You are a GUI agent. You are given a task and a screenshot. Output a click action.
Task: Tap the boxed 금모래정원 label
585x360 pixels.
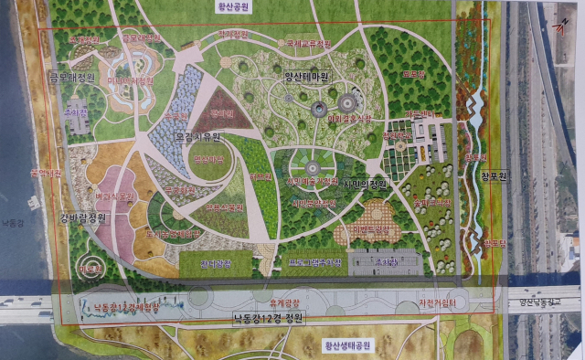click(x=73, y=79)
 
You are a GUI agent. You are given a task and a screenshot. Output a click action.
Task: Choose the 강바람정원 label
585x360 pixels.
click(x=83, y=217)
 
